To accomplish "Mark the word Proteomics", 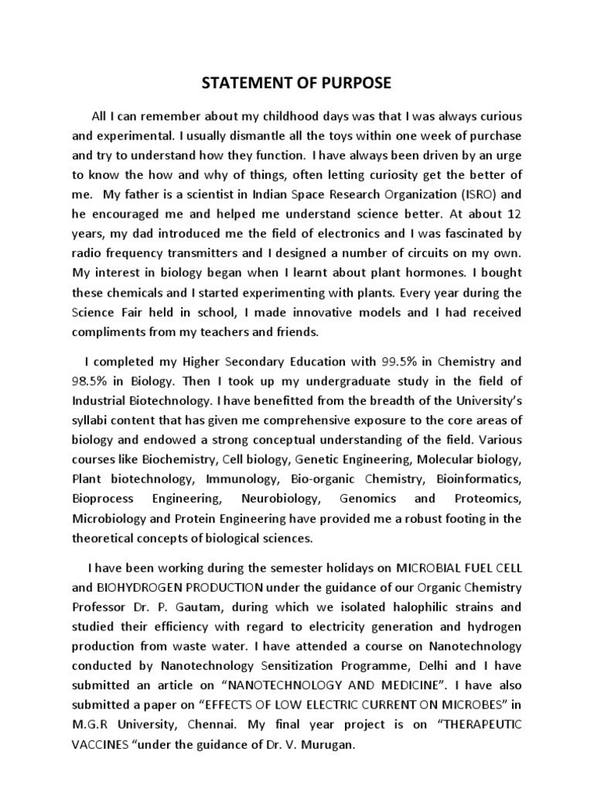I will tap(486, 499).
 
